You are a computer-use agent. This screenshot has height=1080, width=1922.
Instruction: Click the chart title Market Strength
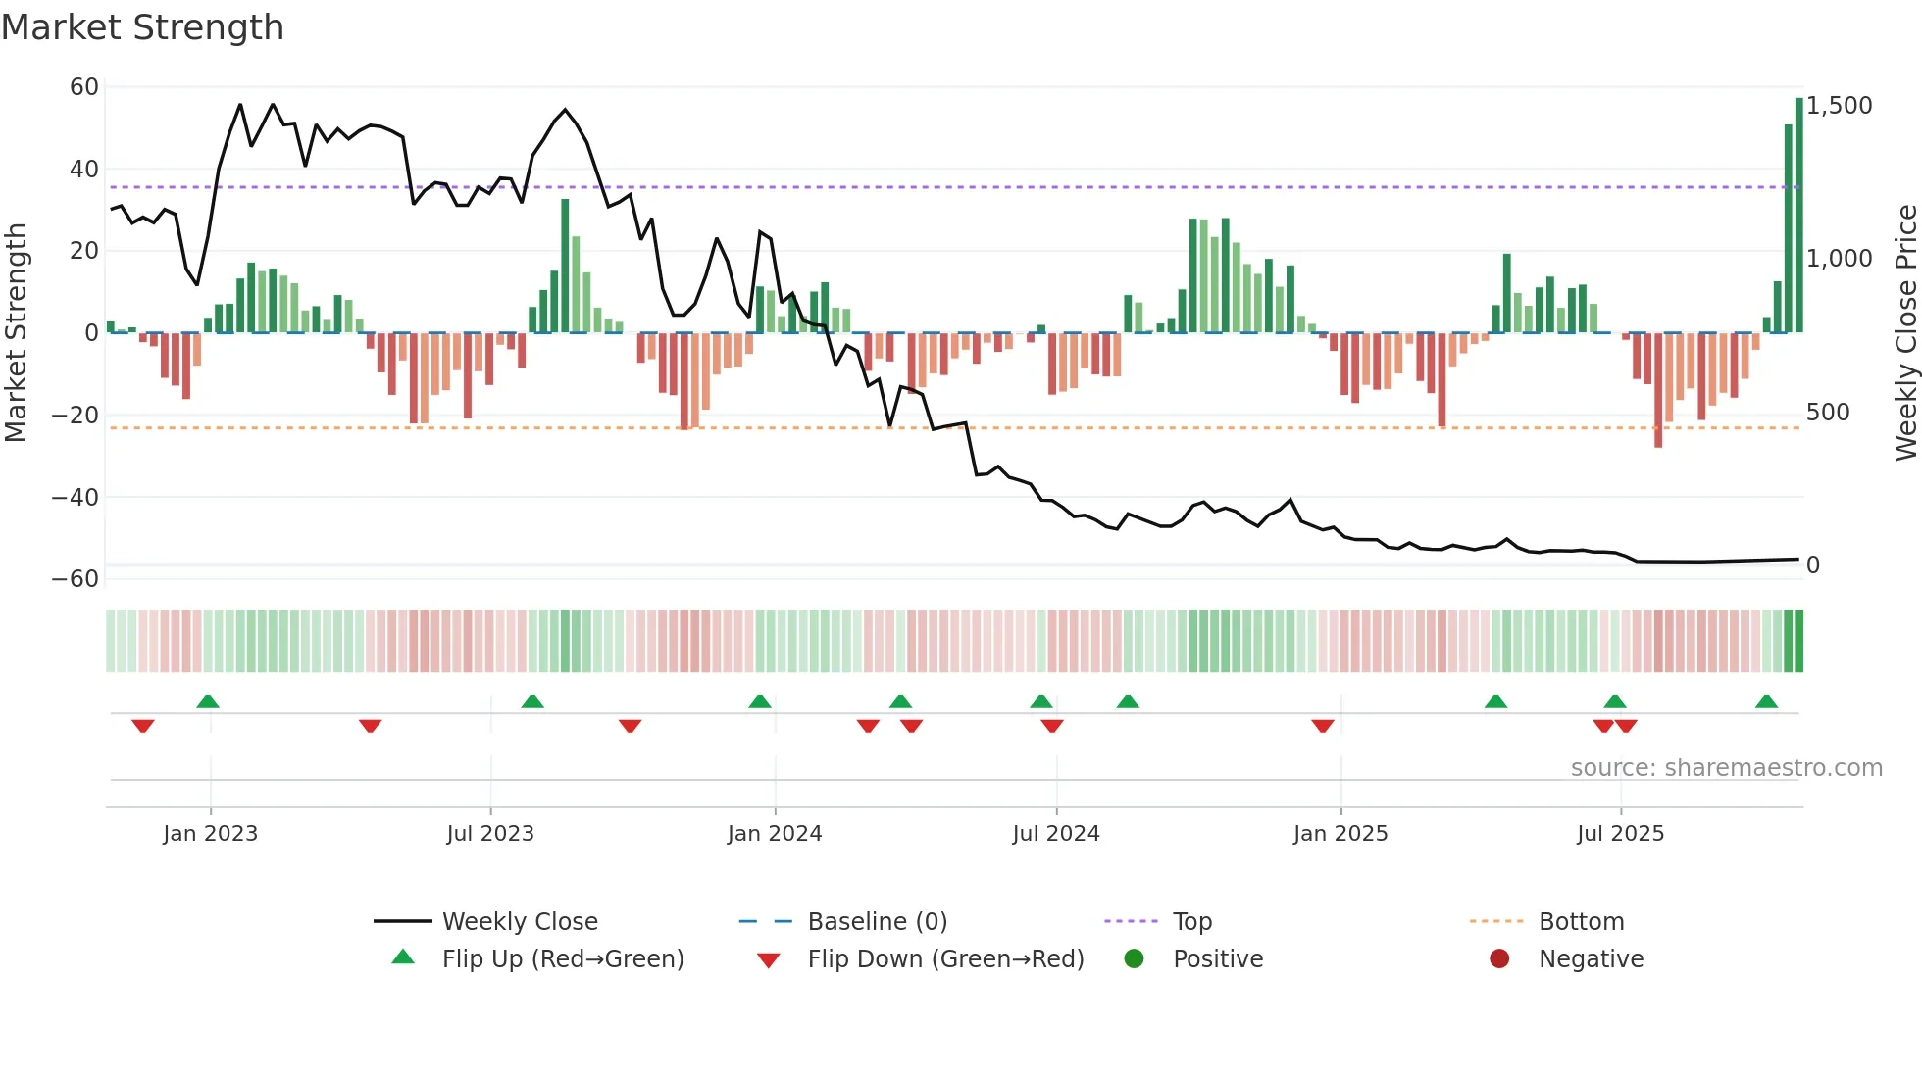(142, 27)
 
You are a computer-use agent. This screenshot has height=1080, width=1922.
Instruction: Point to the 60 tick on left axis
(84, 87)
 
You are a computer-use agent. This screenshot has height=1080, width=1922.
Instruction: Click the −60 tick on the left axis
(76, 579)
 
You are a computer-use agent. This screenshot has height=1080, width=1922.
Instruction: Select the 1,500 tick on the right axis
(1839, 106)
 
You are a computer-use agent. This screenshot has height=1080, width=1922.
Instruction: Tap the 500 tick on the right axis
(1828, 413)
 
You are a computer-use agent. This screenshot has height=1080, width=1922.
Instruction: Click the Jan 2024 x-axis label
(774, 834)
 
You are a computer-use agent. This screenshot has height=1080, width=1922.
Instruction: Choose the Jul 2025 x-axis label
(1620, 834)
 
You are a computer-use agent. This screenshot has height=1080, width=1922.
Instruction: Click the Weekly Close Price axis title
(1905, 332)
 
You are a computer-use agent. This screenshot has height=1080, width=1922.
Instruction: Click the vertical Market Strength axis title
(17, 332)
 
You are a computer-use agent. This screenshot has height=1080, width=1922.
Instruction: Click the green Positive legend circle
(1135, 959)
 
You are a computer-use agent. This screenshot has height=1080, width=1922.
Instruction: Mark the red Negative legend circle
(1499, 959)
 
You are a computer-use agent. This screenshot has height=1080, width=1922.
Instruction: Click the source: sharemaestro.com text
(1726, 768)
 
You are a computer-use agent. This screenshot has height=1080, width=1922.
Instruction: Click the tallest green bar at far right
(1799, 216)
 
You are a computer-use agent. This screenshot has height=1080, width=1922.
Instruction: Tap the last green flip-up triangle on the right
(1766, 702)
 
